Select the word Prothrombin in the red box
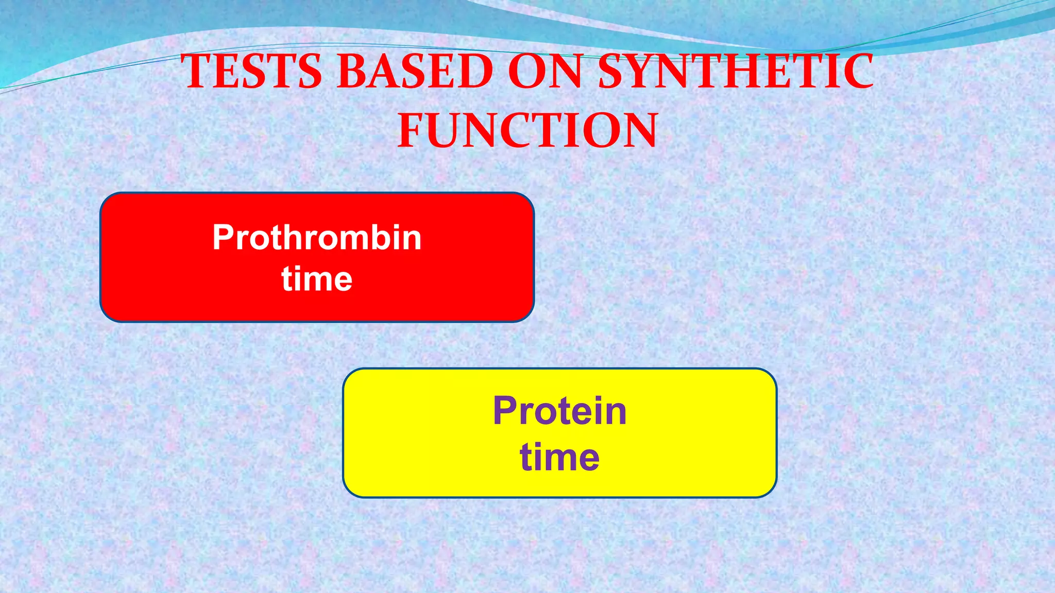point(317,237)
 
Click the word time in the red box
point(317,279)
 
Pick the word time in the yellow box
point(559,457)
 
